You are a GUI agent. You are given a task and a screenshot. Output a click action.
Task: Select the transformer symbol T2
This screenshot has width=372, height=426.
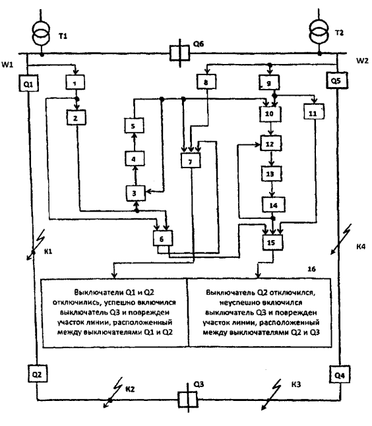click(x=319, y=31)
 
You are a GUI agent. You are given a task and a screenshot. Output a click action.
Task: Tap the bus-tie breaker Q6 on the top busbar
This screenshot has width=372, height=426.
click(x=179, y=53)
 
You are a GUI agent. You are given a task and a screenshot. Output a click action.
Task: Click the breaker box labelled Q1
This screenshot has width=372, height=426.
click(x=28, y=83)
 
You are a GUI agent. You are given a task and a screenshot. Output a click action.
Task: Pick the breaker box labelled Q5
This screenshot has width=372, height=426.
click(x=336, y=80)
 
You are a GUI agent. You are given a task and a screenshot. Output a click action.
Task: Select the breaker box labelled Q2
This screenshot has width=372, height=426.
click(x=38, y=374)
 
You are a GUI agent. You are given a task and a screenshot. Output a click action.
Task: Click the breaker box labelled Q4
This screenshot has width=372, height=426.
click(x=340, y=375)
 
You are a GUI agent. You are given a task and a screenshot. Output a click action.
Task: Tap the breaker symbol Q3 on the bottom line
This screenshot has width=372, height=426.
click(x=188, y=400)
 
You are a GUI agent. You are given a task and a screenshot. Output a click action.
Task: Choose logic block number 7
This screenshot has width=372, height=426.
click(x=191, y=161)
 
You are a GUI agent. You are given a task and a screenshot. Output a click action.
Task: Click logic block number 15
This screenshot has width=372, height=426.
click(x=272, y=242)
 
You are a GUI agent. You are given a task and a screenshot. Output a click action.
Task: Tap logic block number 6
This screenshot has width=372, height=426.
click(x=162, y=239)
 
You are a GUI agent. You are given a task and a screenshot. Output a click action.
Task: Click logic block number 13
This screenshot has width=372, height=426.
click(x=271, y=173)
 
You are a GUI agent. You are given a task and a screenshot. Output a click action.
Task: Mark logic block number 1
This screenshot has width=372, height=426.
click(x=75, y=82)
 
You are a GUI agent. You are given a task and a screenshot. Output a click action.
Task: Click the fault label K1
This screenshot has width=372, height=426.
click(x=48, y=251)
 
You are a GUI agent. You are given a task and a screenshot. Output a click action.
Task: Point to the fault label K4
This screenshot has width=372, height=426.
click(x=361, y=247)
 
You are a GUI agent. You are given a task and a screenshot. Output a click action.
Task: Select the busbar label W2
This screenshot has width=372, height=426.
click(x=362, y=61)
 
